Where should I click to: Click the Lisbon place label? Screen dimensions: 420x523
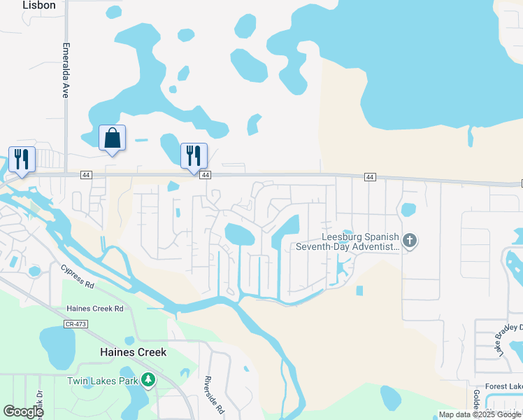[x=38, y=5]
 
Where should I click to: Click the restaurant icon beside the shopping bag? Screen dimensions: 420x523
[x=193, y=155]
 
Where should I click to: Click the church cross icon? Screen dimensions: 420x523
[x=410, y=241]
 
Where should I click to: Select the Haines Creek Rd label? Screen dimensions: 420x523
[x=94, y=308]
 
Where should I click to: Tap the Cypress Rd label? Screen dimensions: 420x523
[x=77, y=276]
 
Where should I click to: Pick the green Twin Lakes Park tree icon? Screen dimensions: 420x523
[x=148, y=379]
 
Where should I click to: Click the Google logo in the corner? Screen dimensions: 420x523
[x=23, y=412]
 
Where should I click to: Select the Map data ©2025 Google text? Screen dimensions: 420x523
[x=480, y=414]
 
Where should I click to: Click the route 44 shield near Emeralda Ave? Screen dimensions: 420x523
[x=86, y=174]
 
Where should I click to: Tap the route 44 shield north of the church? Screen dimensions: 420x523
[x=370, y=177]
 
